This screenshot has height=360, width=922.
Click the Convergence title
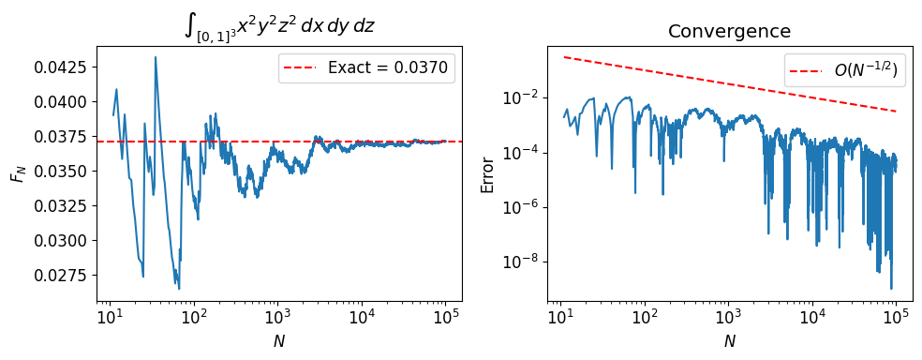point(729,31)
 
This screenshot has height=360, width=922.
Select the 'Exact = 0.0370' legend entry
point(366,67)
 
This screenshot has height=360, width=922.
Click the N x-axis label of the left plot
point(279,341)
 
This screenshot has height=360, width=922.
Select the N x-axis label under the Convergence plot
point(729,341)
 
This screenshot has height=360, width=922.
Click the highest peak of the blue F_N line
point(156,57)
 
